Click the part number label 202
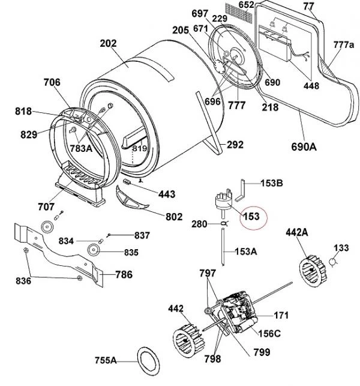(x=108, y=44)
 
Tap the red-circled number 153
(x=251, y=217)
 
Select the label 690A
(x=304, y=146)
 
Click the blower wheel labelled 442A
(x=313, y=271)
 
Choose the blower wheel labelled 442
(x=189, y=339)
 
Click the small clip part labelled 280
(x=224, y=223)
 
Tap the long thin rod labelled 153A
(x=223, y=247)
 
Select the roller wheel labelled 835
(x=94, y=250)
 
